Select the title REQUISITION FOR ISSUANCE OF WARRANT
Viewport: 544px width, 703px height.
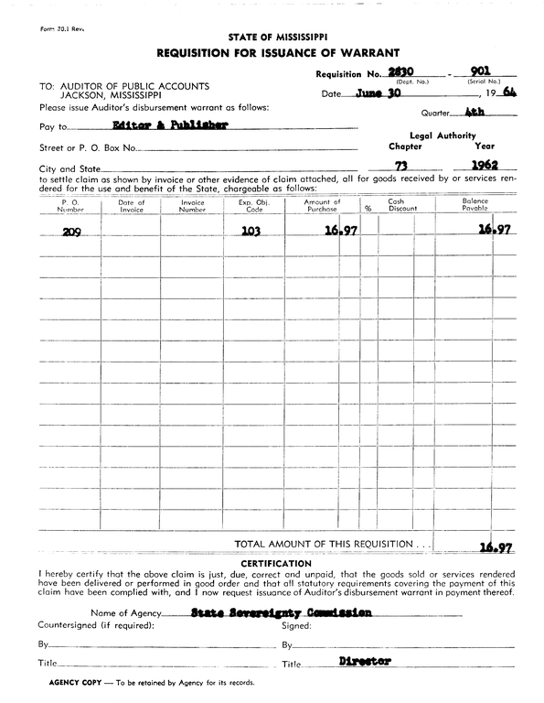[272, 53]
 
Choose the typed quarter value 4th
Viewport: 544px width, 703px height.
[474, 113]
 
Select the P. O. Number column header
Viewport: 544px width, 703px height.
[70, 205]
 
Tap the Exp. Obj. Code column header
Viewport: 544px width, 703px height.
[251, 205]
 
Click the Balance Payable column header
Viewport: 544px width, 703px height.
[475, 205]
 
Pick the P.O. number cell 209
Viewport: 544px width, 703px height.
[71, 232]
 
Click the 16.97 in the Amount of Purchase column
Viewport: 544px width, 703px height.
[340, 231]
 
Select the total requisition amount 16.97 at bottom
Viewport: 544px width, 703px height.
[495, 547]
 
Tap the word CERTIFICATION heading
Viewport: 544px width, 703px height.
[272, 563]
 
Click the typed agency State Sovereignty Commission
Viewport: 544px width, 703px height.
[282, 612]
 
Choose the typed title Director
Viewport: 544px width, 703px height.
[365, 660]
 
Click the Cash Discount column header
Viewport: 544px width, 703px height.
[396, 205]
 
